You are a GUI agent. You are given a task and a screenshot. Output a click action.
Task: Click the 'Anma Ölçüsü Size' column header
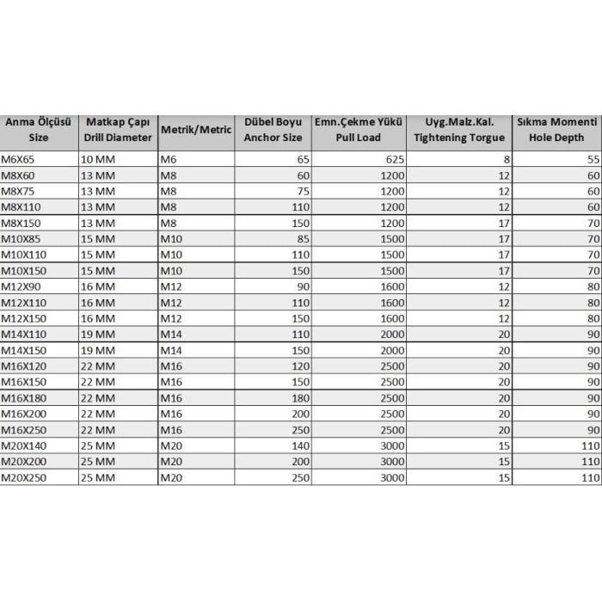click(39, 130)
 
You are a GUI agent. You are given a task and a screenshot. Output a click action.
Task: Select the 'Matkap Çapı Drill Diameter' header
click(118, 130)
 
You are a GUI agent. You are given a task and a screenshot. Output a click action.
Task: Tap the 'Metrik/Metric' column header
click(196, 130)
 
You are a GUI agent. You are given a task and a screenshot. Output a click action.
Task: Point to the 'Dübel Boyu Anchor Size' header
click(273, 130)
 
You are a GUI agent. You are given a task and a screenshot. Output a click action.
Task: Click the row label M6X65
click(18, 160)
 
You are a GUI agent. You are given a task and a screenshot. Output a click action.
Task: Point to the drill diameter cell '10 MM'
click(98, 160)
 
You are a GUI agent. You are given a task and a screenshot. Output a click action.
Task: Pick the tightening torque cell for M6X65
click(507, 160)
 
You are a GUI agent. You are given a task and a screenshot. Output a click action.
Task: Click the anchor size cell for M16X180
click(299, 398)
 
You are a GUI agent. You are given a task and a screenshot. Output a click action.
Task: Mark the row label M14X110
click(23, 335)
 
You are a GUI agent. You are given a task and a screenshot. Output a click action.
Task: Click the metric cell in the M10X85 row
click(173, 239)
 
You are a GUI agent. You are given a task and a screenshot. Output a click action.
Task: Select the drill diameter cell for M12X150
click(98, 318)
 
